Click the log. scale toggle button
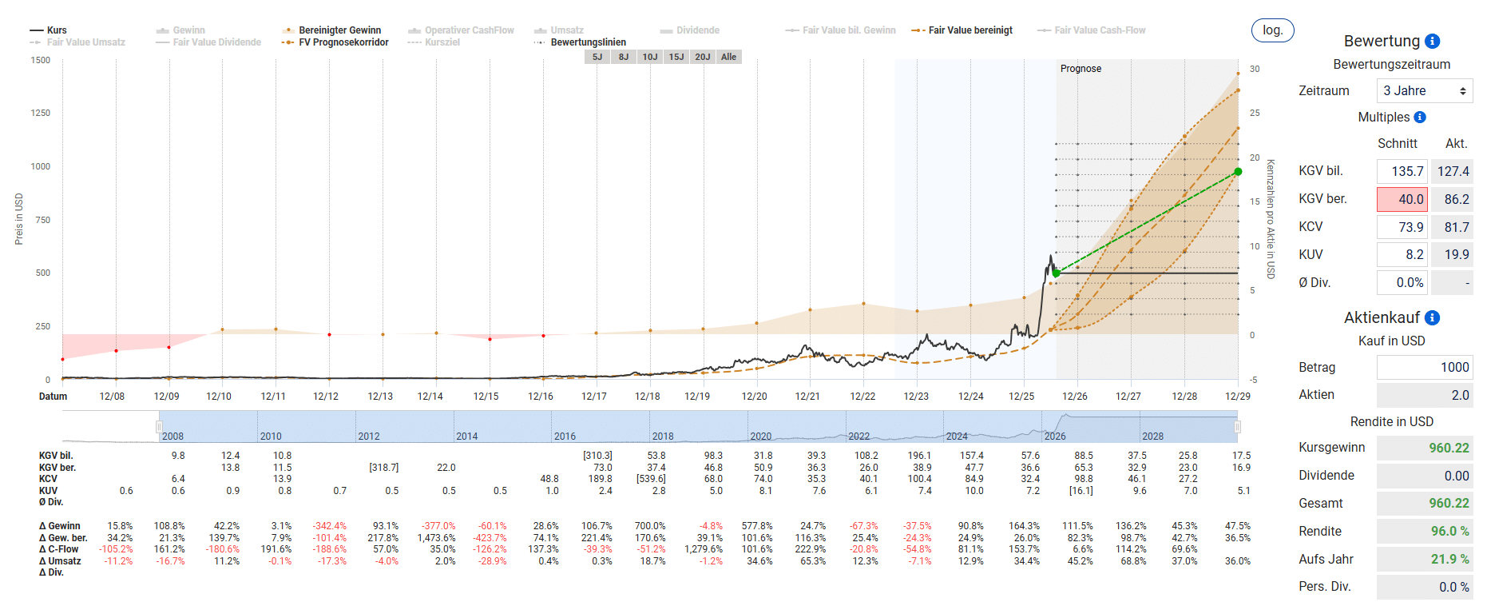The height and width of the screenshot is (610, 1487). coord(1272,30)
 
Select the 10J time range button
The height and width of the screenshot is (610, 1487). coord(650,57)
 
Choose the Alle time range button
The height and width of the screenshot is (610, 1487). coord(728,57)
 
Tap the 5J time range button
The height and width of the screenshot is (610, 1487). coord(597,57)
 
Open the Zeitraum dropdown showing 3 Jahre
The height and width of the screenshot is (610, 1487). coord(1425,91)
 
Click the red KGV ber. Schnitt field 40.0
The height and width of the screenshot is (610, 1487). coord(1402,199)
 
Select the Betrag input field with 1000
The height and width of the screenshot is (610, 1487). coord(1425,367)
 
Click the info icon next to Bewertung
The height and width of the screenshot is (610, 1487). coord(1433,41)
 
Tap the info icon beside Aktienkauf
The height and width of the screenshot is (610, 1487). coord(1433,317)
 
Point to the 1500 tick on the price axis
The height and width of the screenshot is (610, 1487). coord(41,60)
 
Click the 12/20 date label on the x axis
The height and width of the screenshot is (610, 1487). coord(754,397)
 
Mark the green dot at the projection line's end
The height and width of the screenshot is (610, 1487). coord(1238,172)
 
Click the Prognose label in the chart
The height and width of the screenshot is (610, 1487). coord(1081,69)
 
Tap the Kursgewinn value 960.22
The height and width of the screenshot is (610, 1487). coord(1449,448)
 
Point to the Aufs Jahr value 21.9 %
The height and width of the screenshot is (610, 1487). coord(1449,559)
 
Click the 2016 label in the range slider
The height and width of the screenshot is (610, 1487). coord(565,437)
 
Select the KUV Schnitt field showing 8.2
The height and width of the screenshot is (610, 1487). coord(1402,255)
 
